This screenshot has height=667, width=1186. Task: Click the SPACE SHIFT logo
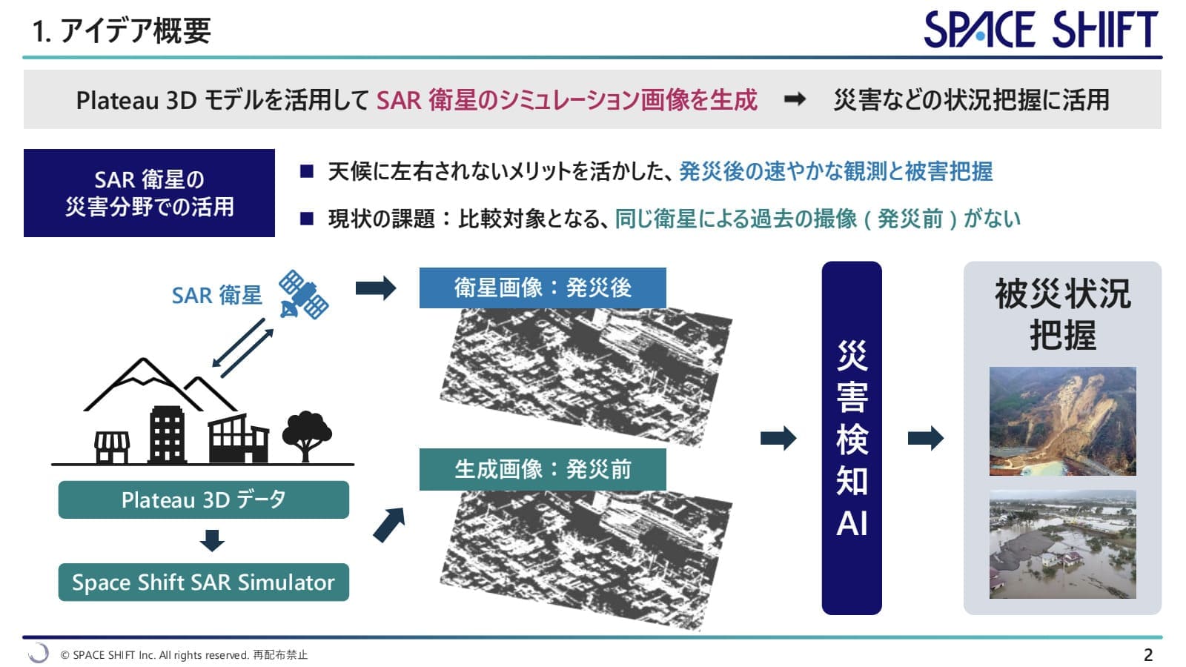pos(1040,30)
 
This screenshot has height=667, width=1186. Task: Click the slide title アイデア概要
pos(122,31)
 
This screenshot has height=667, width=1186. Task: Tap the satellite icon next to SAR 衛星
pos(303,295)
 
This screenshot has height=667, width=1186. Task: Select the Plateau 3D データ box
pos(203,500)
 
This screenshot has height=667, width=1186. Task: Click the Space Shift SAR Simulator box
pos(203,583)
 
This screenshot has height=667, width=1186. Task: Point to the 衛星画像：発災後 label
pos(543,288)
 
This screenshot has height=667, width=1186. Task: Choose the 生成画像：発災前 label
pos(543,469)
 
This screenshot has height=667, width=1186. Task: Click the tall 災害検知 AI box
pos(852,438)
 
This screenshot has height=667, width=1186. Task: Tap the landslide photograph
pos(1062,421)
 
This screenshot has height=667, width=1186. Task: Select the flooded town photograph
pos(1062,544)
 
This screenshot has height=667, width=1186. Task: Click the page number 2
pos(1148,655)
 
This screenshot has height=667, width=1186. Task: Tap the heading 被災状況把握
pos(1062,314)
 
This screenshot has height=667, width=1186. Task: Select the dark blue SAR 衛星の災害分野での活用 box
pos(149,193)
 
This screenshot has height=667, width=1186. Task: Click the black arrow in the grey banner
pos(795,99)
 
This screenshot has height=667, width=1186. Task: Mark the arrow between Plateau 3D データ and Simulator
pos(212,540)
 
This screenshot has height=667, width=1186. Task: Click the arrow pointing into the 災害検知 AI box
pos(778,438)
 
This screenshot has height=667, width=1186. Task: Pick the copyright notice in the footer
pos(184,655)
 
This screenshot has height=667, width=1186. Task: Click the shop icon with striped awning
pos(112,447)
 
